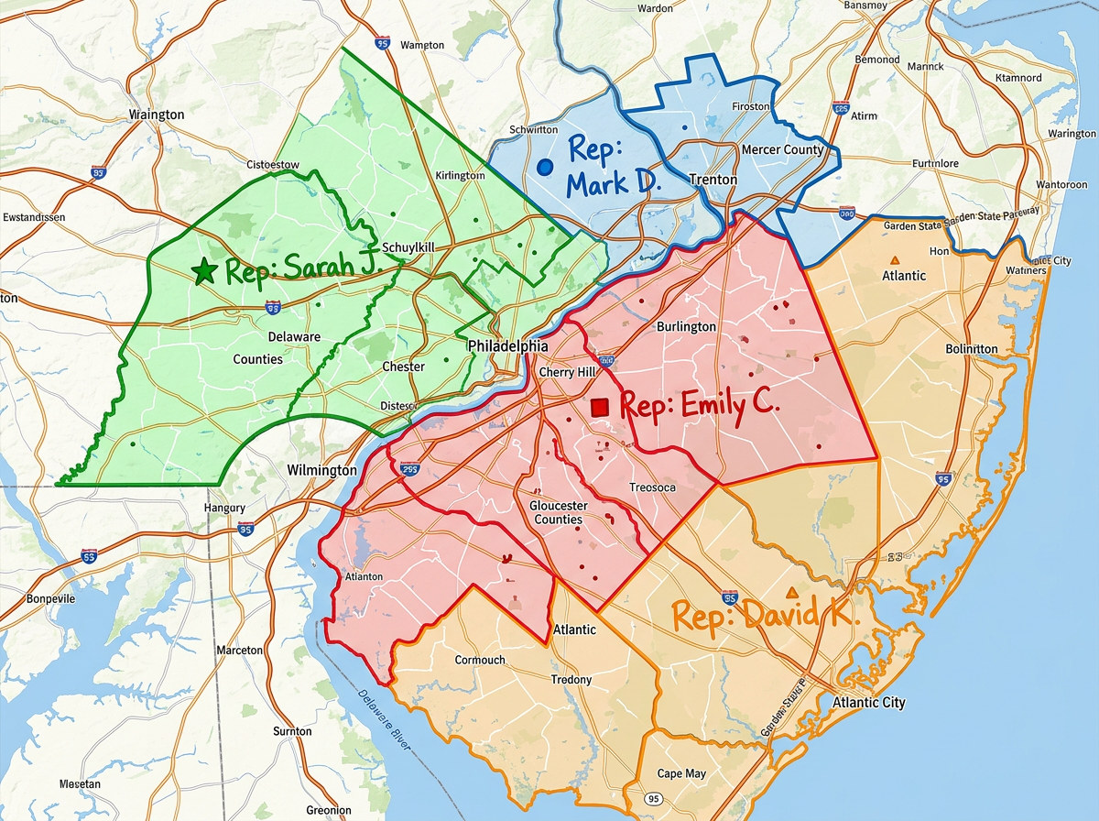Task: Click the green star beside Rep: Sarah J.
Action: tap(203, 271)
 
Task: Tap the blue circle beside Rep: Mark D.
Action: tap(545, 167)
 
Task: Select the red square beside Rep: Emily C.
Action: tap(601, 406)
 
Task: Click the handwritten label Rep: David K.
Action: tap(765, 615)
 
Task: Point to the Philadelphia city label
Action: tap(507, 346)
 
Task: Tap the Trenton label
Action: tap(713, 180)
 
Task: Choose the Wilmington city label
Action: tap(321, 470)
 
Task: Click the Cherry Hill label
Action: tap(568, 372)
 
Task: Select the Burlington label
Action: tap(686, 327)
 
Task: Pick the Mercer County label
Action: tap(782, 149)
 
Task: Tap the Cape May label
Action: tap(682, 774)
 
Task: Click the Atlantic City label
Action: tap(868, 703)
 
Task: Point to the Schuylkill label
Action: tap(408, 247)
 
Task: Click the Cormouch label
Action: tap(480, 660)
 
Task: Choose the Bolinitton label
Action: tap(972, 349)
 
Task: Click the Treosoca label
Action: tap(652, 487)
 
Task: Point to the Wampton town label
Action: tap(422, 45)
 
